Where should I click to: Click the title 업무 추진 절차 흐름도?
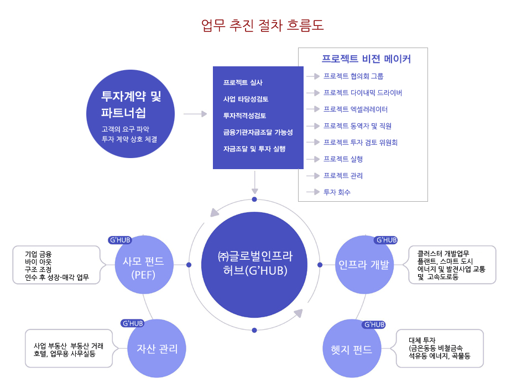(x=263, y=25)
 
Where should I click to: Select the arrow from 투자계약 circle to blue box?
(x=195, y=114)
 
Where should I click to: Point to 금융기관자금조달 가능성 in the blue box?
(x=258, y=132)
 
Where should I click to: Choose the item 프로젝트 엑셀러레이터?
(x=356, y=109)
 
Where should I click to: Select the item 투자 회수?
(x=337, y=192)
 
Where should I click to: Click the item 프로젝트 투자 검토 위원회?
(x=361, y=142)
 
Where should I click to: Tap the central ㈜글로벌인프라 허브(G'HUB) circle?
(x=254, y=264)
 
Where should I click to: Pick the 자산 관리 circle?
(x=157, y=349)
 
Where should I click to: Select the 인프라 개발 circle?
(x=364, y=265)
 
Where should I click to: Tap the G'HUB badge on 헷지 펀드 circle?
(x=374, y=324)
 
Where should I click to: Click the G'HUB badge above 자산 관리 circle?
(x=133, y=323)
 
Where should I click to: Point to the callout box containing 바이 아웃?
(x=58, y=265)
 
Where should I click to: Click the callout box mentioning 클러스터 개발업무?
(x=452, y=265)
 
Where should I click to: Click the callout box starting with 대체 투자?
(x=440, y=348)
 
